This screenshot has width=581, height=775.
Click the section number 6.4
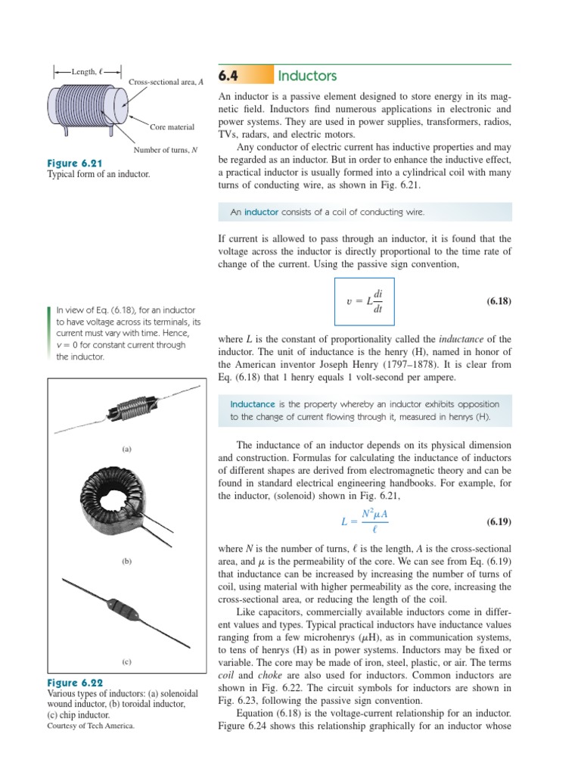228,76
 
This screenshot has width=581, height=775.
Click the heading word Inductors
307,76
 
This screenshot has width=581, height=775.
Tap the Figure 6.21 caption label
75,163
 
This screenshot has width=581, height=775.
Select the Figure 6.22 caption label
75,682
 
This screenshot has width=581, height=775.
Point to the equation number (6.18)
499,301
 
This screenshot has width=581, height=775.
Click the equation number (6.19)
499,522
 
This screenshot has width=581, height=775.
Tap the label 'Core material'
172,127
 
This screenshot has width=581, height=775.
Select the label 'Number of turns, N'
166,150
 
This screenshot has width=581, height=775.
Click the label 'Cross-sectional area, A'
166,82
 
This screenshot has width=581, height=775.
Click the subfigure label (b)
127,562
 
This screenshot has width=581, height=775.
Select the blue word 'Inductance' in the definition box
253,404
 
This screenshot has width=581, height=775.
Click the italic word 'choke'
269,674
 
